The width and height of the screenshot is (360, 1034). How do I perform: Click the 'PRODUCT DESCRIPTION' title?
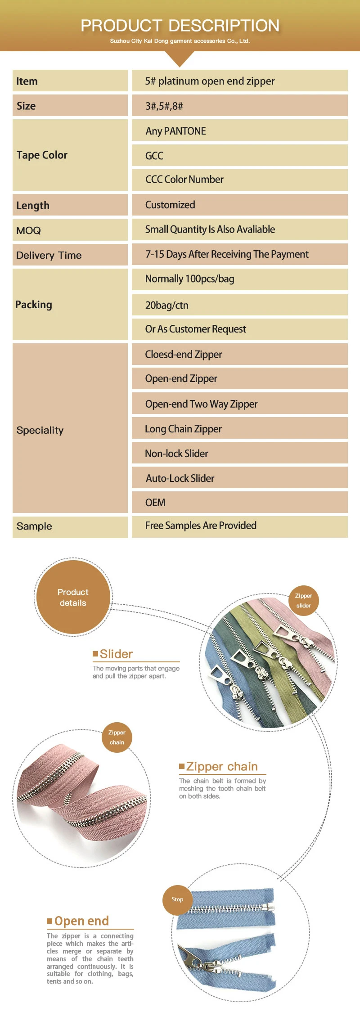pos(180,26)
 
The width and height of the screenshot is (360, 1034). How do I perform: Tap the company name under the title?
pos(180,41)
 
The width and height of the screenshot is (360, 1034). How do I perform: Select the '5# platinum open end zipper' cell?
pos(239,81)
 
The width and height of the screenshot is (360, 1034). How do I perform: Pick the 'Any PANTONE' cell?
pos(239,131)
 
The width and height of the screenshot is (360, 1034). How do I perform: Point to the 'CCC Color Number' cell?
pos(239,180)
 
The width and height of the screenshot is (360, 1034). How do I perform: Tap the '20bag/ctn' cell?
pos(239,305)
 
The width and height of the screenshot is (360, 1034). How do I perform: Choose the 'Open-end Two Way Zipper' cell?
pos(239,404)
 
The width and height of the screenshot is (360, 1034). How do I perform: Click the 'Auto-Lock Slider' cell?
pos(239,478)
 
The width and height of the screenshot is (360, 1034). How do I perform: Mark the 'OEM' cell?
pos(239,503)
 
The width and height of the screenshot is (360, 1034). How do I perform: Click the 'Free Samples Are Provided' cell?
pos(239,526)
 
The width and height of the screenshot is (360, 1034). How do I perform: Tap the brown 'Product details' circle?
pos(73,598)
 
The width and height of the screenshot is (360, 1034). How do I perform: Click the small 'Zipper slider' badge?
pos(304,601)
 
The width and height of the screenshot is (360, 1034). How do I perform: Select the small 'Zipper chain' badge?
pos(117,737)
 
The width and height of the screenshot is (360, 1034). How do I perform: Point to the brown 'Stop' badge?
pos(177,899)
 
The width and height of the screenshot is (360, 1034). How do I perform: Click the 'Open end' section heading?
pos(81,921)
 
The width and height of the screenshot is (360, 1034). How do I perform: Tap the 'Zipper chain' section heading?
pos(222,766)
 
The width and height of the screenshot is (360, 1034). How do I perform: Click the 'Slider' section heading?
pos(116,654)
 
